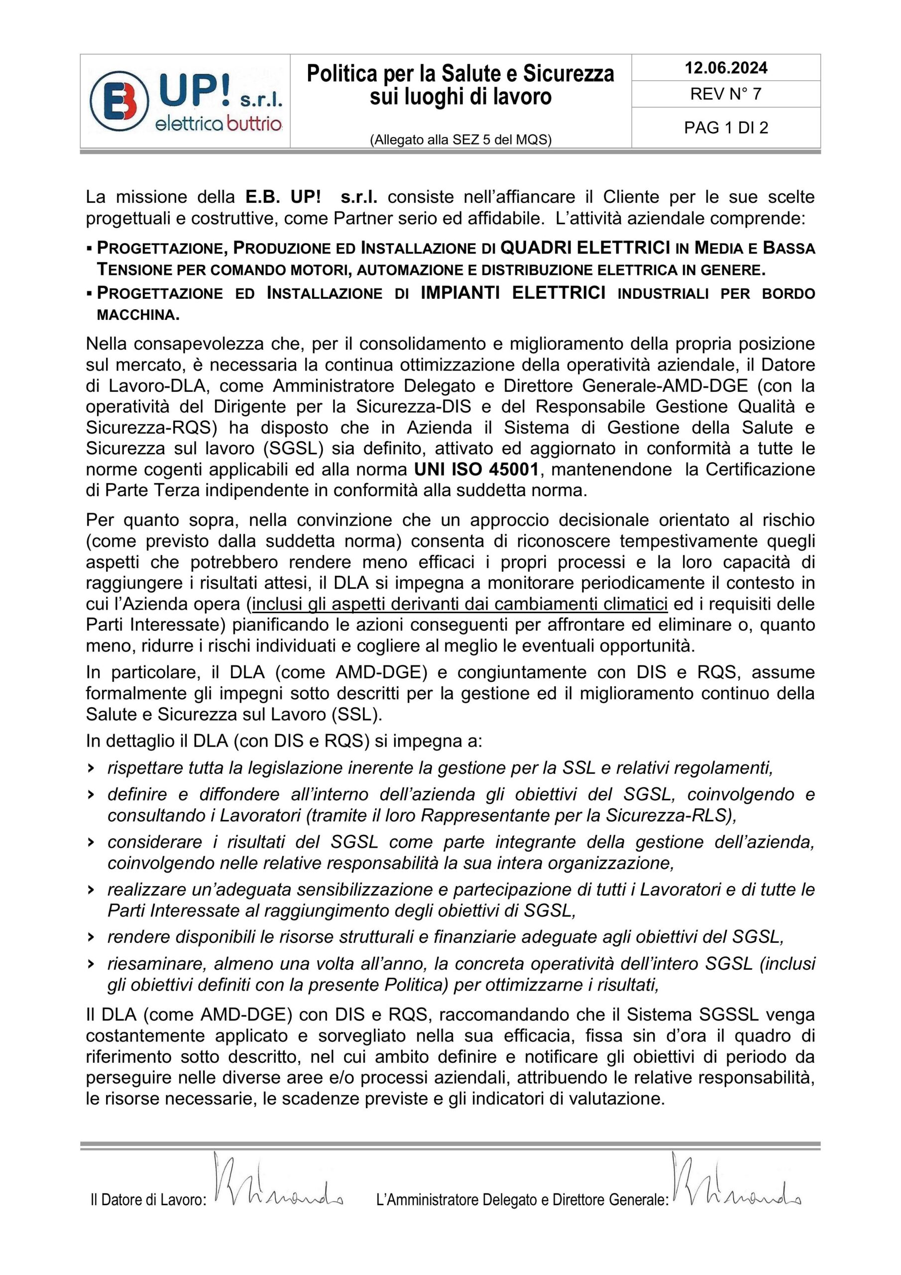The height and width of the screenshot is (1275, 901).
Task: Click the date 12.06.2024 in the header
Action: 726,68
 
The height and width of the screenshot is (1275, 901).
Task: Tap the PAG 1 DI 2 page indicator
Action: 726,127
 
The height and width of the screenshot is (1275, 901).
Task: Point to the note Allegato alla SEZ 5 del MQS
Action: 460,140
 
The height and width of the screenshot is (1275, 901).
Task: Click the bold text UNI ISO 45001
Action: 476,469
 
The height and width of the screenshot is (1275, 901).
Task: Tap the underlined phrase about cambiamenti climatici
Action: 459,604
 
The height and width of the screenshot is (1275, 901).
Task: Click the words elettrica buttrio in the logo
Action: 219,124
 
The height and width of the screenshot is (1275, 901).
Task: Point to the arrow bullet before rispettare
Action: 90,768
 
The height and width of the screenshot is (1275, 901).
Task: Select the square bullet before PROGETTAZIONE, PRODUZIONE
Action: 90,248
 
